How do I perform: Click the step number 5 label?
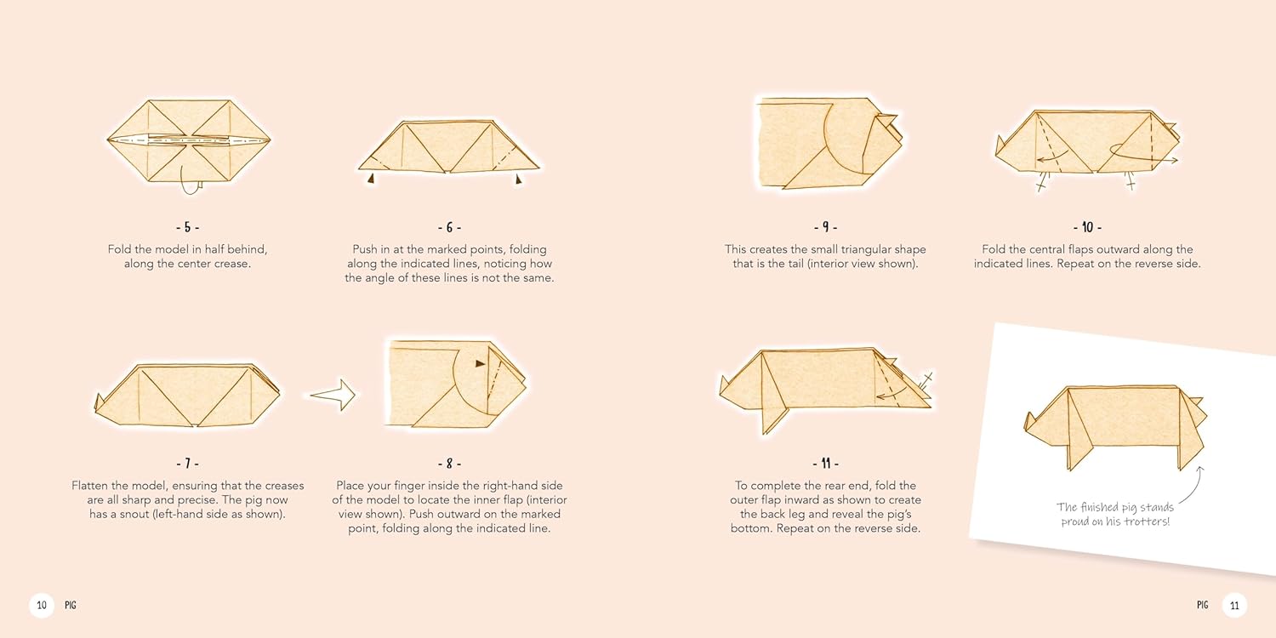(x=187, y=227)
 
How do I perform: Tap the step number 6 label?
(x=449, y=227)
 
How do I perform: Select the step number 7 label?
(x=187, y=464)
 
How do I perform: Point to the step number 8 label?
(x=449, y=464)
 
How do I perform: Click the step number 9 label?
(x=825, y=227)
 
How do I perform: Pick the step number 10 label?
(x=1087, y=227)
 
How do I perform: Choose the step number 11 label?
(x=825, y=464)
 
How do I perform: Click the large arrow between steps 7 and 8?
(x=333, y=394)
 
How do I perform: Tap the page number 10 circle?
(x=42, y=605)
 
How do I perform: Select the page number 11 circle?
(x=1234, y=605)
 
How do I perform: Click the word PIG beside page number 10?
(x=70, y=605)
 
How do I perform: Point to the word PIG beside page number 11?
(x=1203, y=605)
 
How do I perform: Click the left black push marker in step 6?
(x=372, y=179)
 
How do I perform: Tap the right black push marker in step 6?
(x=518, y=179)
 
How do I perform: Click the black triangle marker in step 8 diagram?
(x=481, y=363)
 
